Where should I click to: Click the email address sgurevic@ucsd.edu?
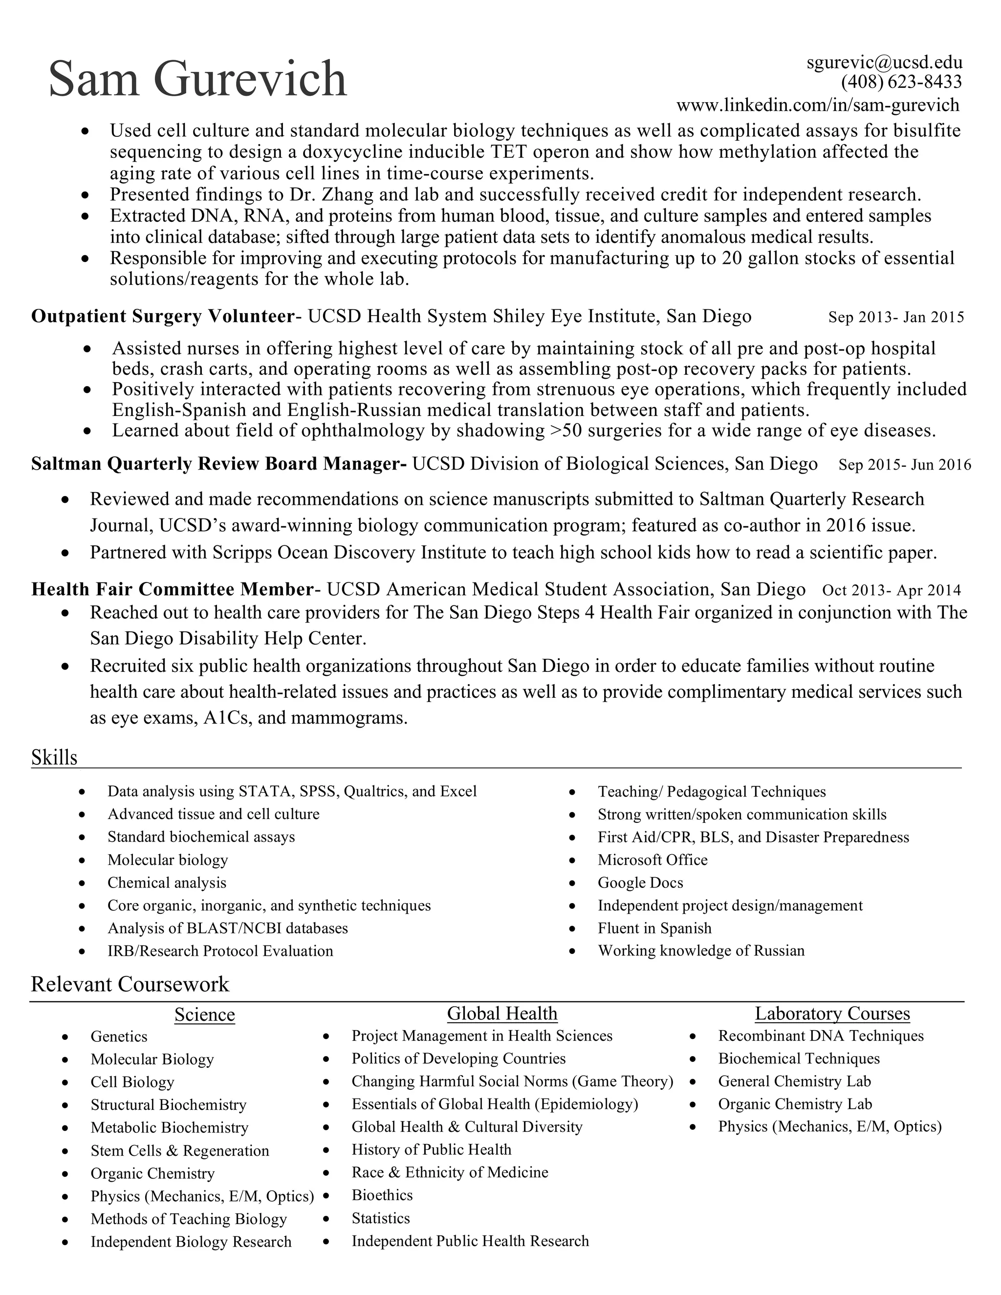884,62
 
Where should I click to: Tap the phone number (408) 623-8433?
901,82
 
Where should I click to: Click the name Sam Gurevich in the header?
197,79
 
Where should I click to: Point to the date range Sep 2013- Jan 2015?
896,317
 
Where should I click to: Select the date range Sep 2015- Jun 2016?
904,464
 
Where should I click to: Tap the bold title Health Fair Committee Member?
172,589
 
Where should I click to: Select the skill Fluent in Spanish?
654,928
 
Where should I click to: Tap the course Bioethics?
382,1195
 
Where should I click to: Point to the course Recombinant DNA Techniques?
821,1036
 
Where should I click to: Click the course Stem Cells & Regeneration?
180,1150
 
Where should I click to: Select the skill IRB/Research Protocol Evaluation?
220,951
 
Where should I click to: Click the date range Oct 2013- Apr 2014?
892,591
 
